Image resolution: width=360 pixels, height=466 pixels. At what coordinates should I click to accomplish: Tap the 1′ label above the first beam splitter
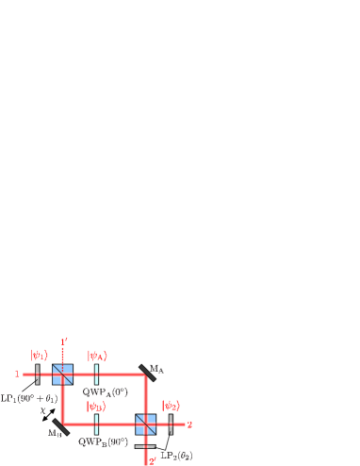point(62,342)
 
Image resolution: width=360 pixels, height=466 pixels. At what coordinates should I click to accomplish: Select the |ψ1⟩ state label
point(39,356)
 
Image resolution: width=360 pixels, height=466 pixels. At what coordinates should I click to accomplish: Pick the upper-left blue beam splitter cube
point(62,374)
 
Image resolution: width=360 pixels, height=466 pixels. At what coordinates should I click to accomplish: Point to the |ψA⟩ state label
point(97,356)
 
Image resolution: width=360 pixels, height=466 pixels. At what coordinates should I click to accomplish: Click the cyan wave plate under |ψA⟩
point(97,374)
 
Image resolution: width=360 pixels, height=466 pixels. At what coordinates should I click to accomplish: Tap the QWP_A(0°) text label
point(106,391)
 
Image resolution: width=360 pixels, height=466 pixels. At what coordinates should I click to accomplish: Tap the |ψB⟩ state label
point(95,407)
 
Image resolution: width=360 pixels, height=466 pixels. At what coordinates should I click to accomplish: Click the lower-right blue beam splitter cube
point(145,424)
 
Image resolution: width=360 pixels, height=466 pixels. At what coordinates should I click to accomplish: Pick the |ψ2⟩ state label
point(171,407)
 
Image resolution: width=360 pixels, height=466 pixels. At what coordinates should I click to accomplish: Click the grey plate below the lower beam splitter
point(145,444)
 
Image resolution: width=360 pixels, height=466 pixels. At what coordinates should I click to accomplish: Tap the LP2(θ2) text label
point(179,456)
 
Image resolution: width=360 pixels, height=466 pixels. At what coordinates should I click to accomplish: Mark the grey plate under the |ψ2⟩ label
point(171,424)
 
